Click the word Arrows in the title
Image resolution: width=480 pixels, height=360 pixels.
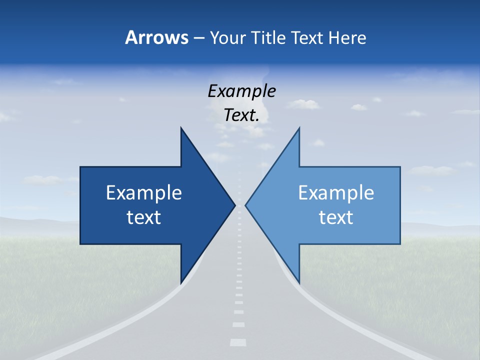(156, 37)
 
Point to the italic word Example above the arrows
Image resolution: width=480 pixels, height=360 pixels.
(241, 91)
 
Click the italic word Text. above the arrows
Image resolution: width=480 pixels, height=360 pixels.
(241, 115)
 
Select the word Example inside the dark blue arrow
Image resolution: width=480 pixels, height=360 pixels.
(144, 193)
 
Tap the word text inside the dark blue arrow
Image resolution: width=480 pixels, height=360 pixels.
(144, 217)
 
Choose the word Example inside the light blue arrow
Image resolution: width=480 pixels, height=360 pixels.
(336, 193)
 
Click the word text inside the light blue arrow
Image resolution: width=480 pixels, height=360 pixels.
(336, 217)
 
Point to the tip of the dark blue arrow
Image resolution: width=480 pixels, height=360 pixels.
(234, 205)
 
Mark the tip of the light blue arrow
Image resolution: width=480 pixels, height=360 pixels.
(246, 205)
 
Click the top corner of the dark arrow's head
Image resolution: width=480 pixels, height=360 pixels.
(181, 128)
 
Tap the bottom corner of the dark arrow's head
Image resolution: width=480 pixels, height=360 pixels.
(181, 282)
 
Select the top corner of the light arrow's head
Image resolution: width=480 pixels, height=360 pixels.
(299, 128)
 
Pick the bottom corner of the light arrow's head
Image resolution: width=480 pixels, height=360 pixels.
(299, 282)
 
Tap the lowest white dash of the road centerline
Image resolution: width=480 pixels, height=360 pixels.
(238, 342)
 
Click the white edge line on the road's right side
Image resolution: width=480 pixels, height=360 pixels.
(350, 320)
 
